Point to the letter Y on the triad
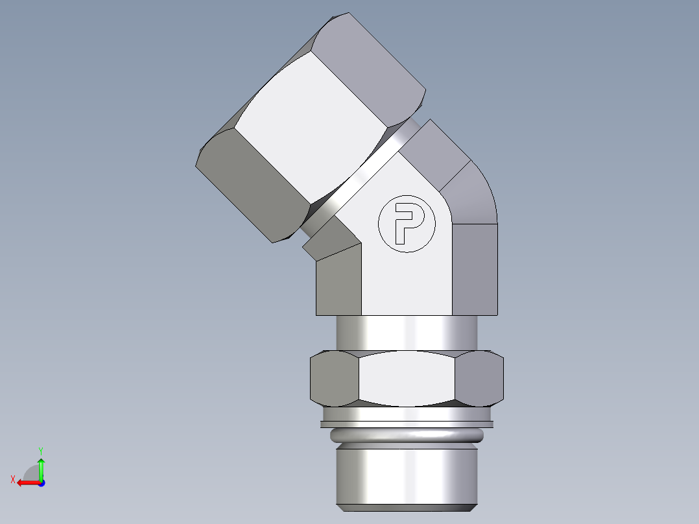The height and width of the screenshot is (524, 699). tap(40, 450)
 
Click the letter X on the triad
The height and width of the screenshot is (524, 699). tap(12, 479)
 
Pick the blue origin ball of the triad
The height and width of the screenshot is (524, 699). tap(41, 482)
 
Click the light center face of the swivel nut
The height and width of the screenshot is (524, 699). tap(311, 130)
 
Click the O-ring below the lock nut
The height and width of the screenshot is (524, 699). tap(407, 436)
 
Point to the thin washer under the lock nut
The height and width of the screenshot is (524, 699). tap(407, 425)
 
